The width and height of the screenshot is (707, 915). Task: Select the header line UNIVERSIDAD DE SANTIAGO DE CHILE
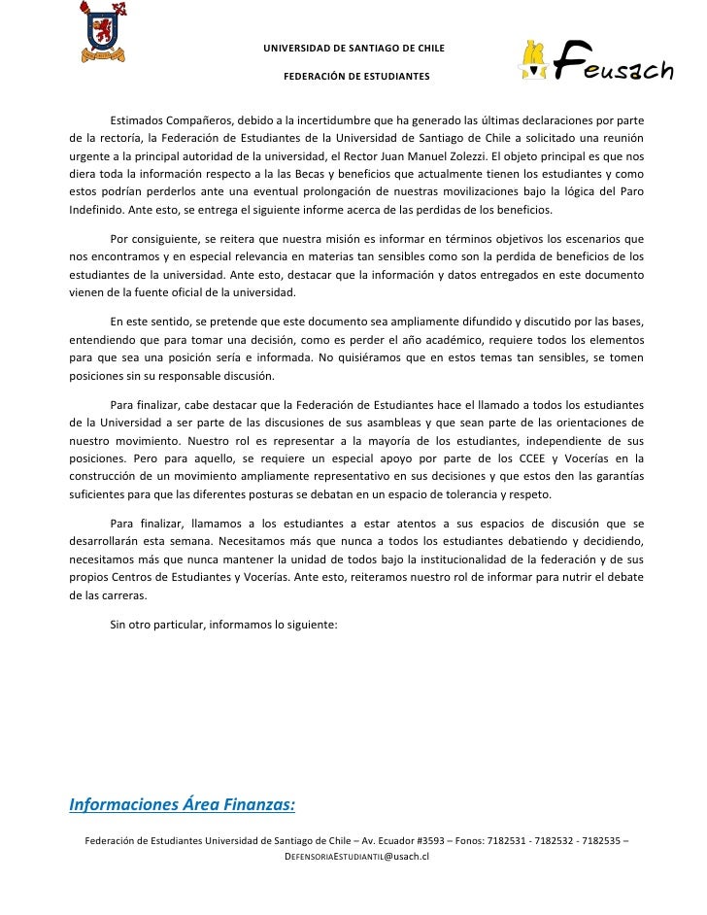tap(353, 48)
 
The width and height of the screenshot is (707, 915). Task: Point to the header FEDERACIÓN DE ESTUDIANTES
tap(353, 76)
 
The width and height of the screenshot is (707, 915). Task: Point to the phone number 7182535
tap(600, 840)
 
